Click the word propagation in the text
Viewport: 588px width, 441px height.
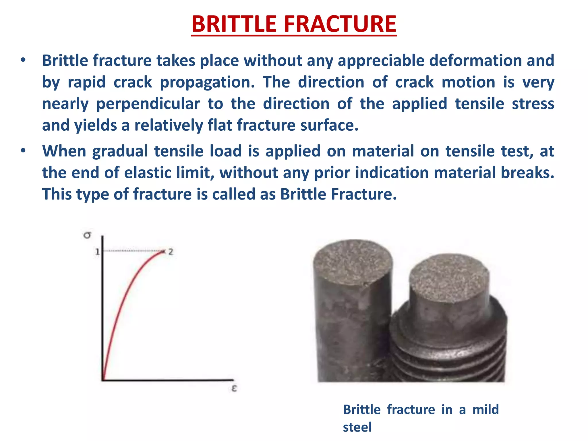(x=207, y=82)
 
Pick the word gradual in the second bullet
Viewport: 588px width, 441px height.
(x=120, y=151)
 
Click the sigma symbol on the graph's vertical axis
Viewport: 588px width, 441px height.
(x=87, y=235)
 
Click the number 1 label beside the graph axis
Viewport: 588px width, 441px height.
(x=97, y=252)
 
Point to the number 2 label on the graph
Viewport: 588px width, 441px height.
(x=171, y=252)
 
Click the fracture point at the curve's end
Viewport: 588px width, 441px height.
(x=163, y=252)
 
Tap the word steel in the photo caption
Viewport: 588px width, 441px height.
(x=357, y=427)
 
